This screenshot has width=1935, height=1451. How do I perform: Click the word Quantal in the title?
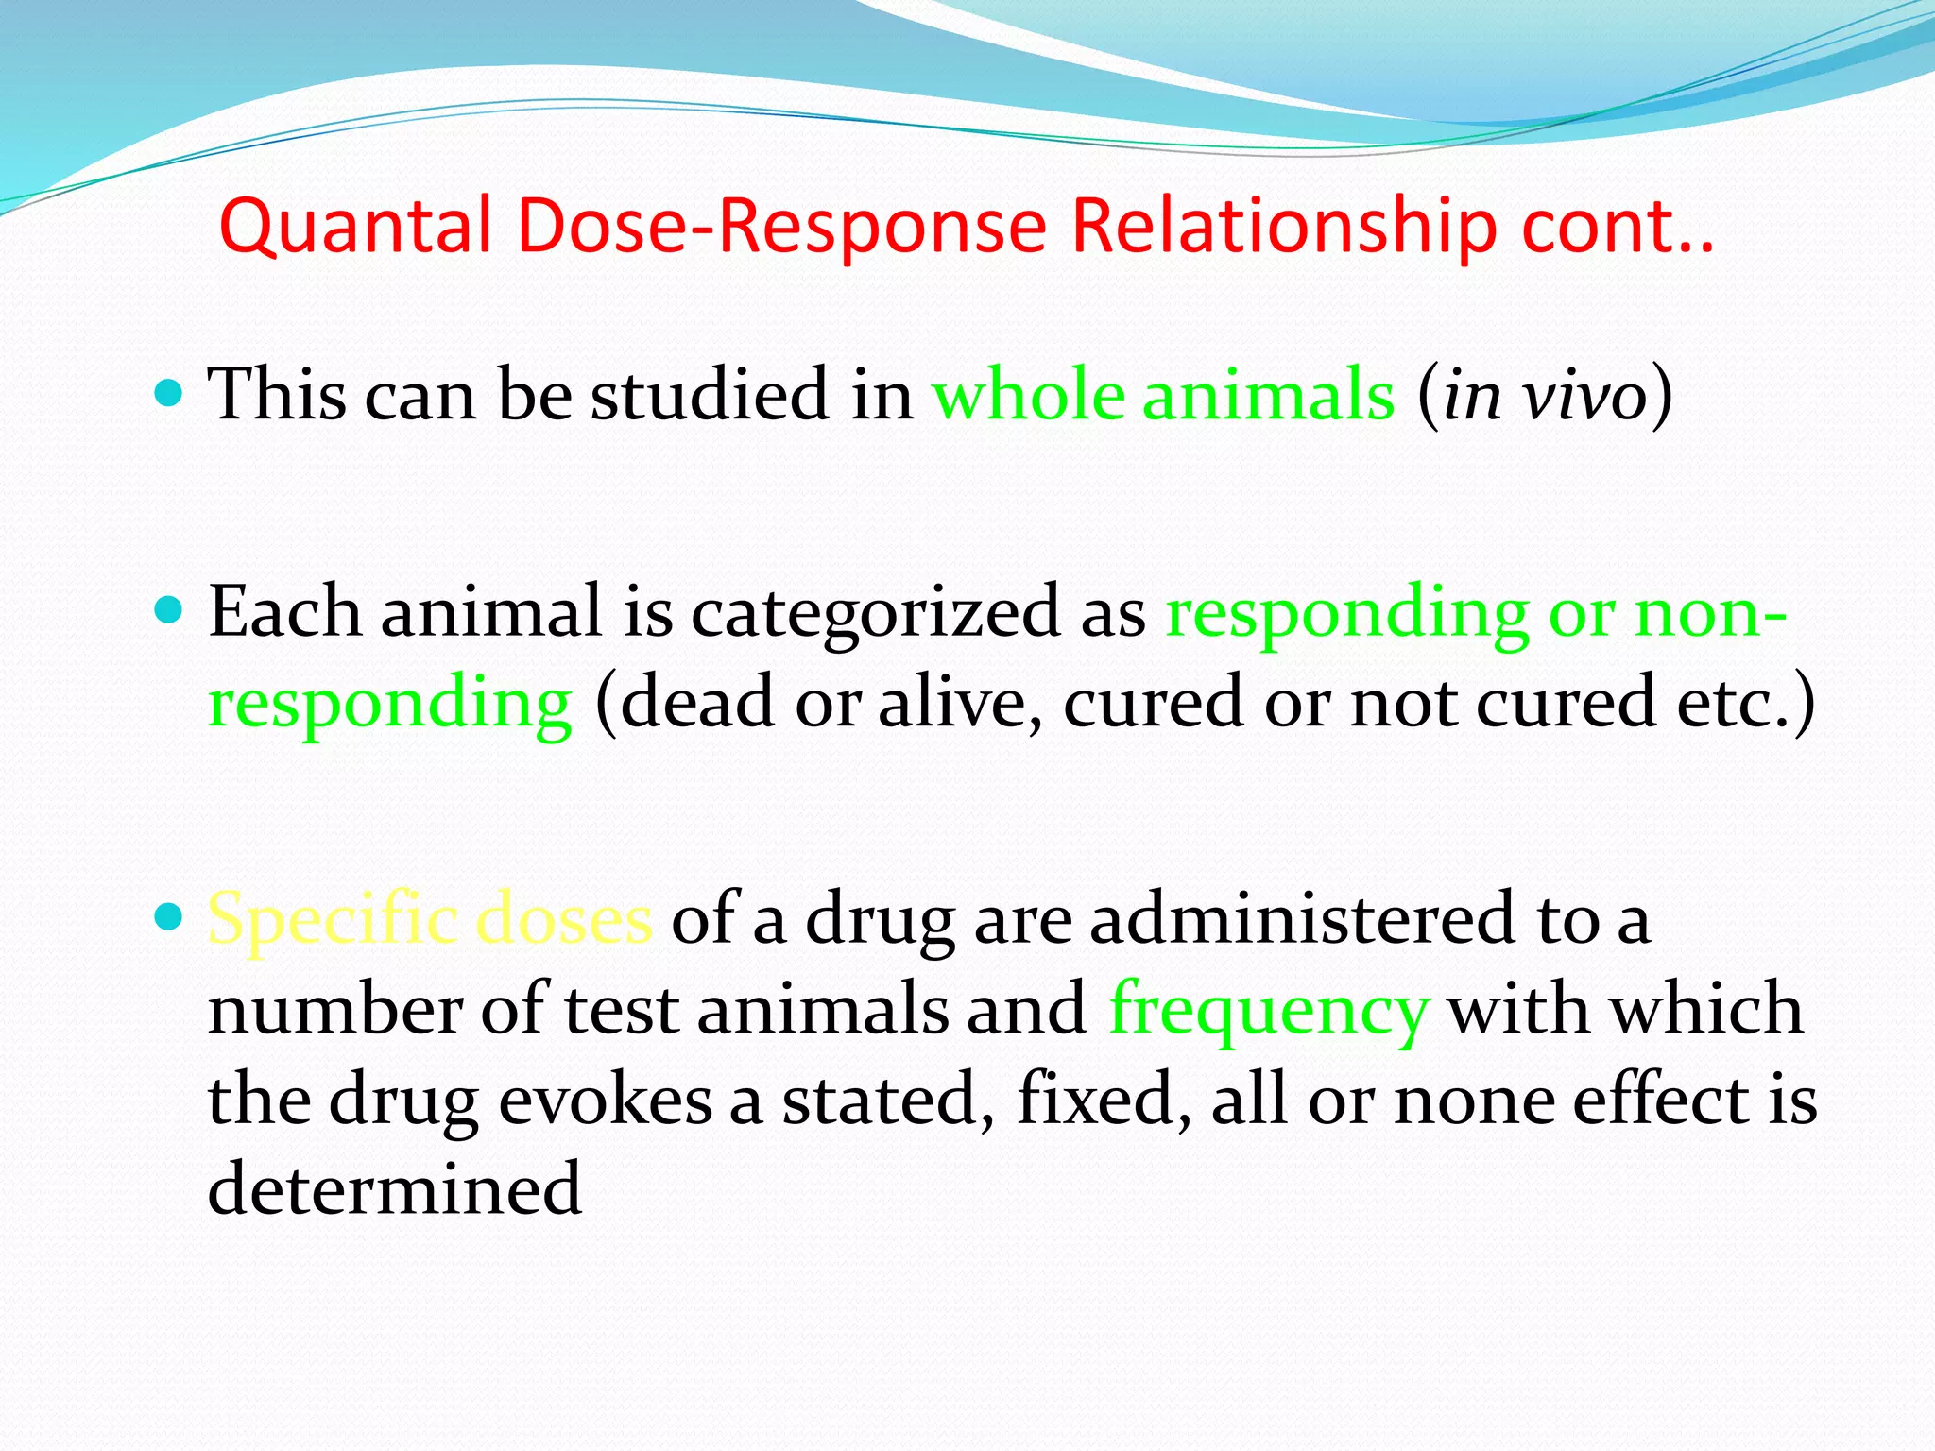pos(356,227)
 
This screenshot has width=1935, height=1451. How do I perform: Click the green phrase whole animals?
pos(1163,395)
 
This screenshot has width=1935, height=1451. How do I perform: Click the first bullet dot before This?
pos(168,392)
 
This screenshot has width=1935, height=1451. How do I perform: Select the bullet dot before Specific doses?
pos(168,915)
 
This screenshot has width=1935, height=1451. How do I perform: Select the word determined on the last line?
pos(394,1188)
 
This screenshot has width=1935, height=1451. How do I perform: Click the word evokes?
pos(604,1101)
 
